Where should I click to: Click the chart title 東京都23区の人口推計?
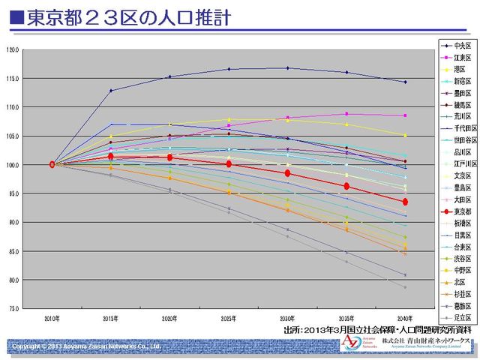click(x=127, y=17)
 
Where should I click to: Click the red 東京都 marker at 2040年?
click(x=405, y=202)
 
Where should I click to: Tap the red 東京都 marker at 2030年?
click(x=287, y=173)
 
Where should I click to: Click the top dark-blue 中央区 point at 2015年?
click(x=111, y=91)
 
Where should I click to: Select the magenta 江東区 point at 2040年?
click(x=405, y=115)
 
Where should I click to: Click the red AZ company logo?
click(x=350, y=342)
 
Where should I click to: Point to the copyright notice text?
click(x=86, y=346)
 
